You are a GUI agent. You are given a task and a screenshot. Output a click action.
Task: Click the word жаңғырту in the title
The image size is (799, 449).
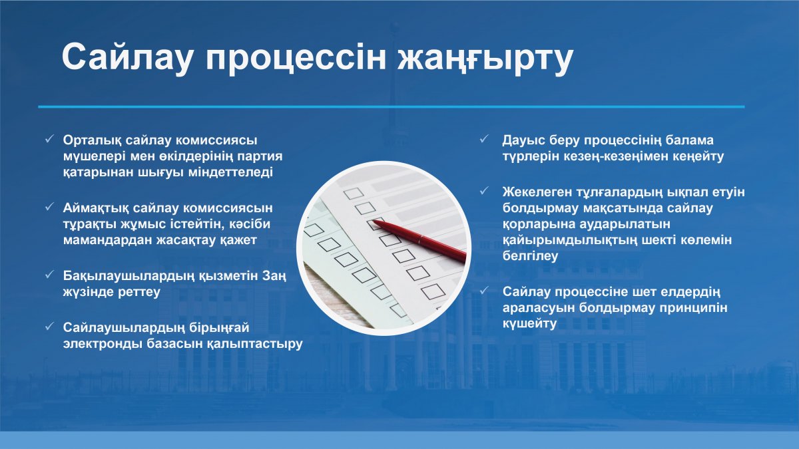coord(485,59)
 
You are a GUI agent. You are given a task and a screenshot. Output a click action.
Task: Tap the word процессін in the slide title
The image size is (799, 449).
coord(296,59)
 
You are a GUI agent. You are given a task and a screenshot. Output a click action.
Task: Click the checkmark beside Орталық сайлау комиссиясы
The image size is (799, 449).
coord(49,138)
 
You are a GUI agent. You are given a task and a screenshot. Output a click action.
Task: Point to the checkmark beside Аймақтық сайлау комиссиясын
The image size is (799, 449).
coord(49,206)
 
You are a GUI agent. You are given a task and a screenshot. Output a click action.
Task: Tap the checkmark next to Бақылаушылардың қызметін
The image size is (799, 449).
coord(49,274)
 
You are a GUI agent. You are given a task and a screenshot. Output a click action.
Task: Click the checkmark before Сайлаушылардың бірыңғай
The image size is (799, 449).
coord(49,326)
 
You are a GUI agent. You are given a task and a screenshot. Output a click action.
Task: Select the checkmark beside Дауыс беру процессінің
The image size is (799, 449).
coord(484,138)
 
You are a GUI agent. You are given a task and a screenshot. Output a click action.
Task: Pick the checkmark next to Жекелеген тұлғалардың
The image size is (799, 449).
coord(484,191)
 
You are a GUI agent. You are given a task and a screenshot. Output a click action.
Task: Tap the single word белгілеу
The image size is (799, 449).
coord(530,256)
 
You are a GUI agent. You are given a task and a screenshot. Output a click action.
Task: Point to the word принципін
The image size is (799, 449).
coord(693,308)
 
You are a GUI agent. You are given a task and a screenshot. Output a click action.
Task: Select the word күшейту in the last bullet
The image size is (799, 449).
coord(530,324)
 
